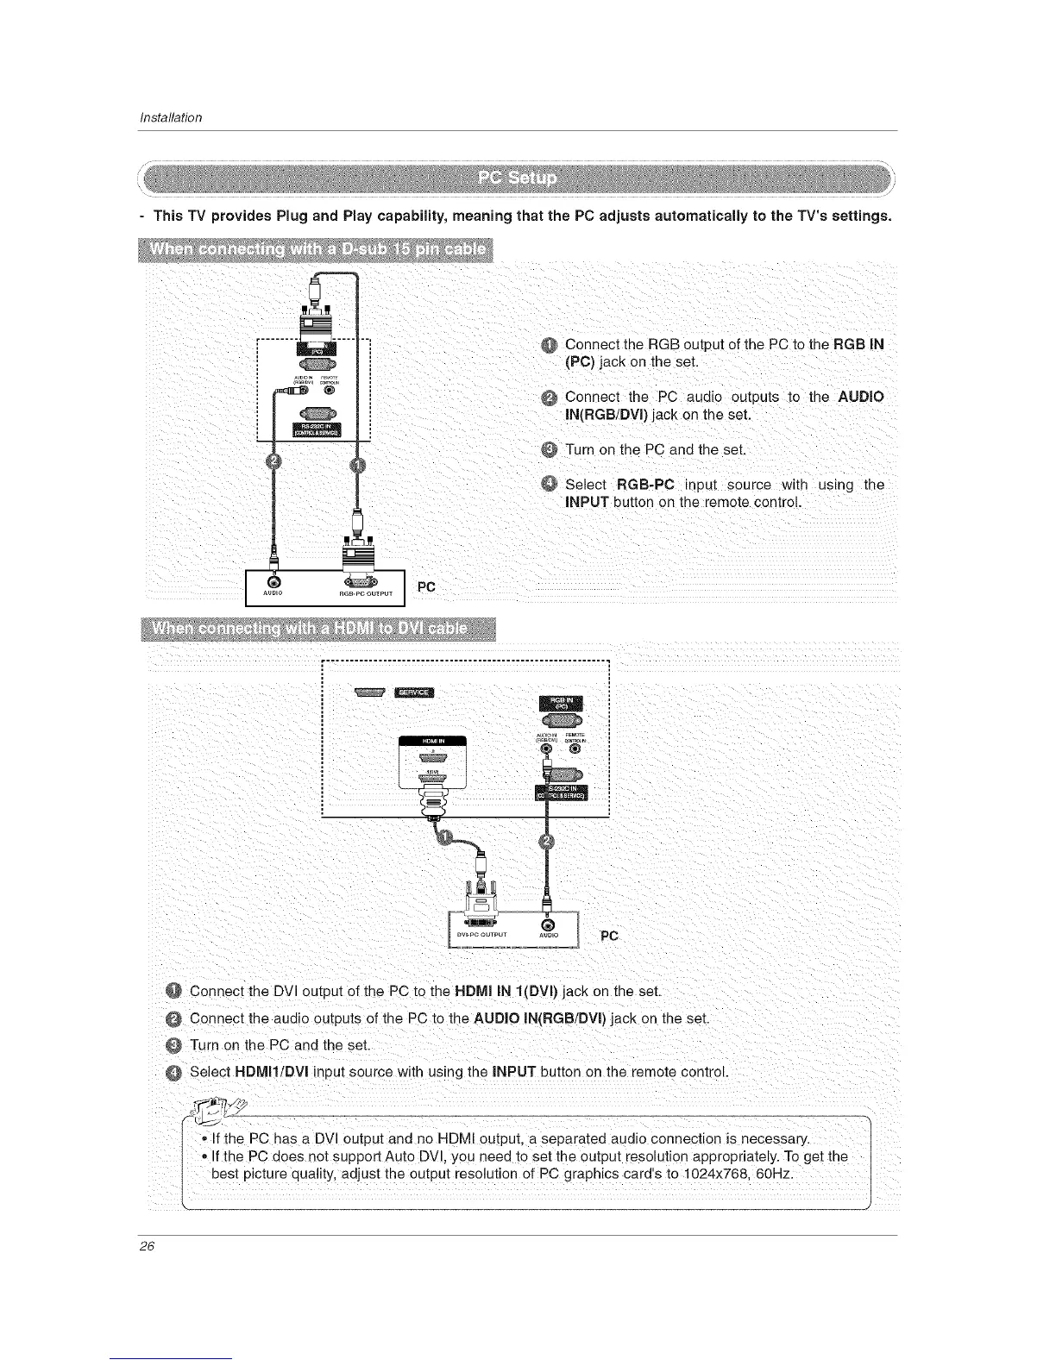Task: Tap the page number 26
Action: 146,1251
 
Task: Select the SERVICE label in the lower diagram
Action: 416,692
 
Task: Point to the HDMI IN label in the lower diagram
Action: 431,741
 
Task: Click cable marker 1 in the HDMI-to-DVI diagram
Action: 445,837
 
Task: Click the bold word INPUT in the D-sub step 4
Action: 587,502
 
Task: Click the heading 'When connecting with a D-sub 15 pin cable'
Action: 317,250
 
